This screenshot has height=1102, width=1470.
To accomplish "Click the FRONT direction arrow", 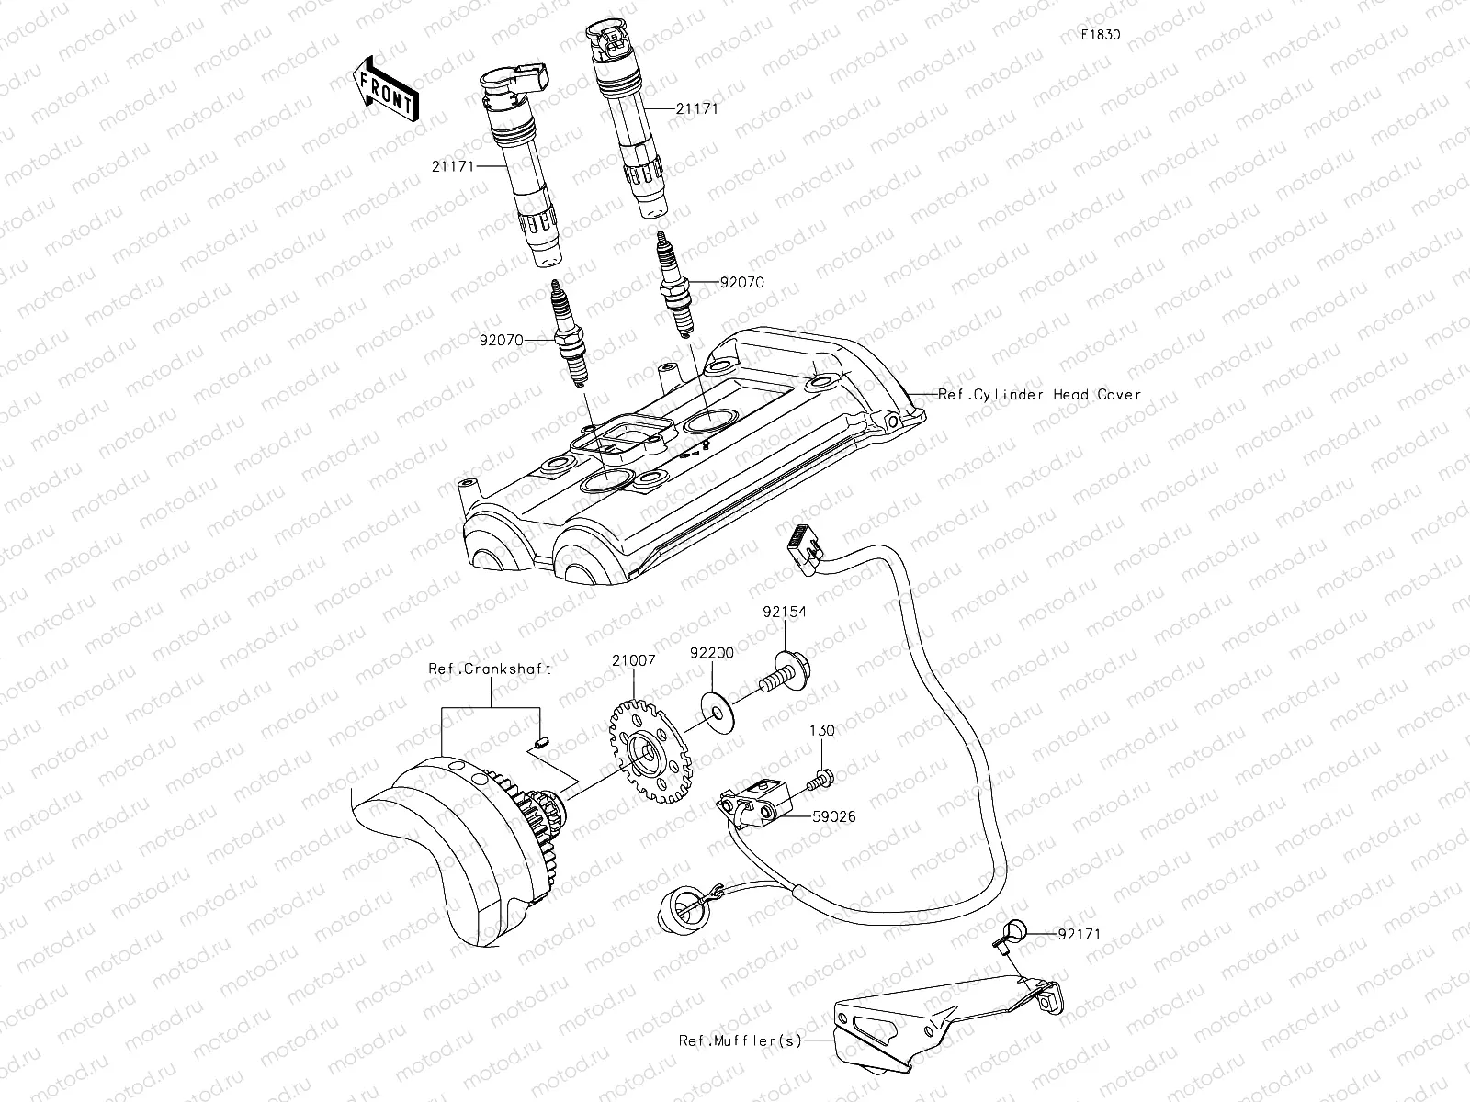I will pos(384,89).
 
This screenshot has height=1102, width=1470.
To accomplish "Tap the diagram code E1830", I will pos(1100,35).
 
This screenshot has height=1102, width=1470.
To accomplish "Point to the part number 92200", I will pos(712,653).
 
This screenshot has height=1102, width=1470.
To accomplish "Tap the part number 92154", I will pos(783,612).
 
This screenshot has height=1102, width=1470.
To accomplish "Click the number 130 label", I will pos(822,731).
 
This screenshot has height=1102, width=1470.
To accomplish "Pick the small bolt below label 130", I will pos(820,779).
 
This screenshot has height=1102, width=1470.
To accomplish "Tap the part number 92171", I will pos(1078,934).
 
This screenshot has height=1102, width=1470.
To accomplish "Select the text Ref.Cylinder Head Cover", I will pos(1039,395).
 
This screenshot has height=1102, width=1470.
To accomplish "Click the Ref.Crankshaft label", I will pos(490,669).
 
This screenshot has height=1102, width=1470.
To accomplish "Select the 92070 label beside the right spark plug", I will pos(741,284).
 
